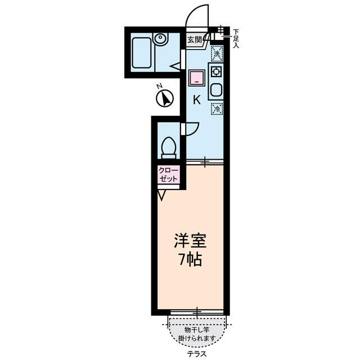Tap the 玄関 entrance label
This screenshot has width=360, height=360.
(195, 39)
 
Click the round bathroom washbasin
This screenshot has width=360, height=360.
(161, 40)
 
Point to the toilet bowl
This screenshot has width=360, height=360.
(168, 147)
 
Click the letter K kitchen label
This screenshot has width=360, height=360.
(197, 101)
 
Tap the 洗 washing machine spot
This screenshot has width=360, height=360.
(217, 54)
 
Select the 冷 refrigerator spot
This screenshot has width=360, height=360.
(217, 109)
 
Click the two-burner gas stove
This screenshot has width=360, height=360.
(216, 72)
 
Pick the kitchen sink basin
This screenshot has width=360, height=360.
(216, 90)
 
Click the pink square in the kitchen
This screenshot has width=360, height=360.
(196, 77)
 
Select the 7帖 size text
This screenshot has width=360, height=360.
(190, 260)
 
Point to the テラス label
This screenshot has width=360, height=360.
(197, 354)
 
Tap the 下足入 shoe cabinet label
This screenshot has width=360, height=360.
(236, 38)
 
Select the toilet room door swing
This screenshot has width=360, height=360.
(191, 129)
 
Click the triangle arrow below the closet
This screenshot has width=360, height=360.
(162, 195)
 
